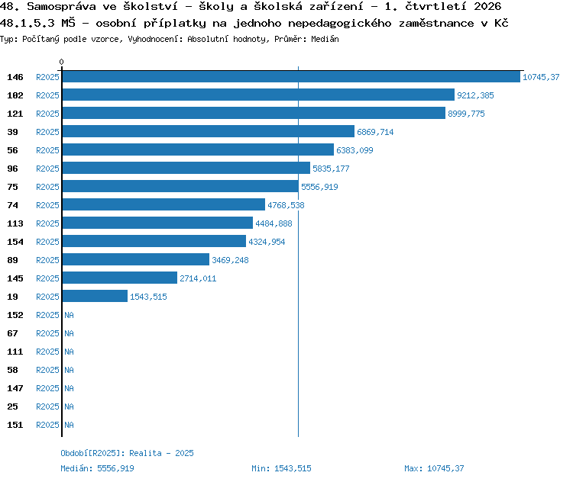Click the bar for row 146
coord(291,76)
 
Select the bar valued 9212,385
coord(258,95)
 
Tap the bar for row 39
coord(209,131)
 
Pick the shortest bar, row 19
coord(95,296)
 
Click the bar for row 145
coord(120,278)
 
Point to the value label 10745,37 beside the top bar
coord(541,77)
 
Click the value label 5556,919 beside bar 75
coord(319,187)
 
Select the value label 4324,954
coord(267,242)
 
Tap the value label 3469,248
coord(230,260)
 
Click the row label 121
coord(15,114)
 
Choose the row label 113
coord(15,223)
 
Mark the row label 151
coord(15,425)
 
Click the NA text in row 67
coord(69,333)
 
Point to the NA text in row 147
coord(69,388)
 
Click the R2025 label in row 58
coord(47,370)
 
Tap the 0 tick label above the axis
coord(61,62)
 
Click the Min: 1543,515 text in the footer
coord(281,468)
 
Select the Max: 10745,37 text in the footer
coord(434,468)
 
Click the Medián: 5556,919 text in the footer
coord(97,468)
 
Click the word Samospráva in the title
coord(61,6)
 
